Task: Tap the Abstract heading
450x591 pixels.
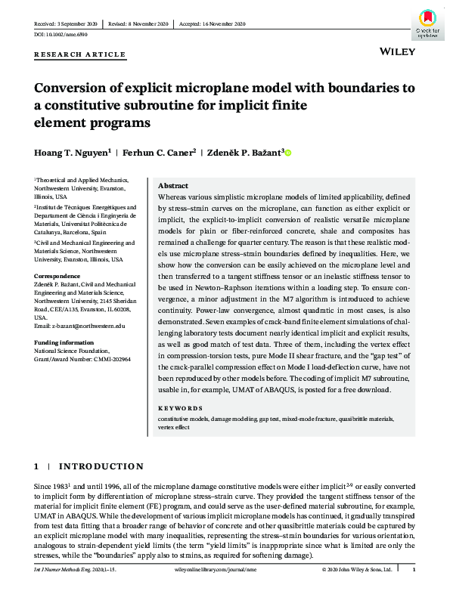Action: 172,186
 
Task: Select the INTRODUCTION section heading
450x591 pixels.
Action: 101,466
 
